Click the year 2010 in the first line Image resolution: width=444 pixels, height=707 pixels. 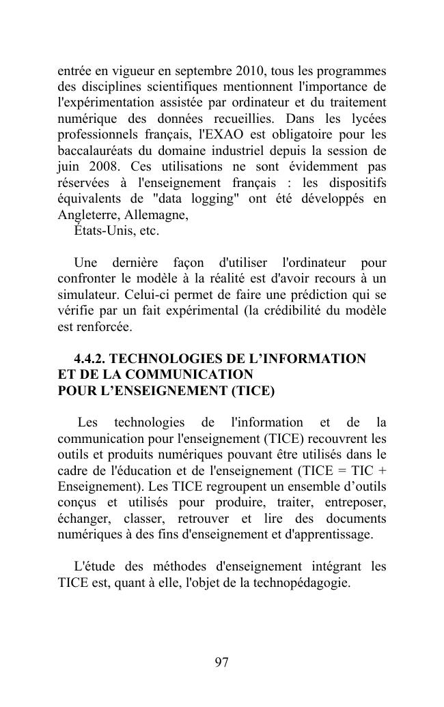coord(251,72)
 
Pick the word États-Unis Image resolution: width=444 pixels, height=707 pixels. coord(100,231)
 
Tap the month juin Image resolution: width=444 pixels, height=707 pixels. coord(68,167)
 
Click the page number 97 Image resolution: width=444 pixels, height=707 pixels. coord(221,663)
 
